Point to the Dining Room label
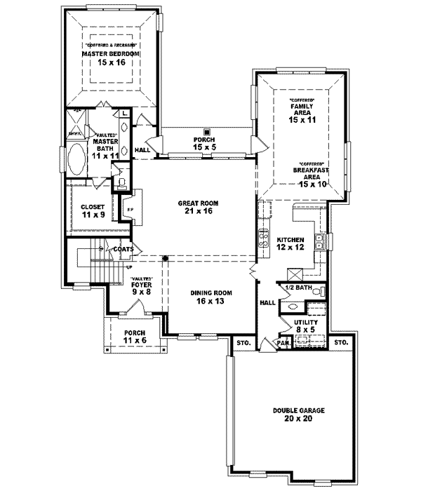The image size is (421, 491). pos(212,296)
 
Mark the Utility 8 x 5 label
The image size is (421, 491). pos(306,325)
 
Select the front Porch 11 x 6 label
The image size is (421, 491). pos(134,336)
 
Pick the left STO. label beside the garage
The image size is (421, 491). pos(243,343)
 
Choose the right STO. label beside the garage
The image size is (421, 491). pos(341,343)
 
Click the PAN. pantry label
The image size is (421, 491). pos(283,343)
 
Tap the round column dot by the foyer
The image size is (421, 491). pos(166,258)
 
